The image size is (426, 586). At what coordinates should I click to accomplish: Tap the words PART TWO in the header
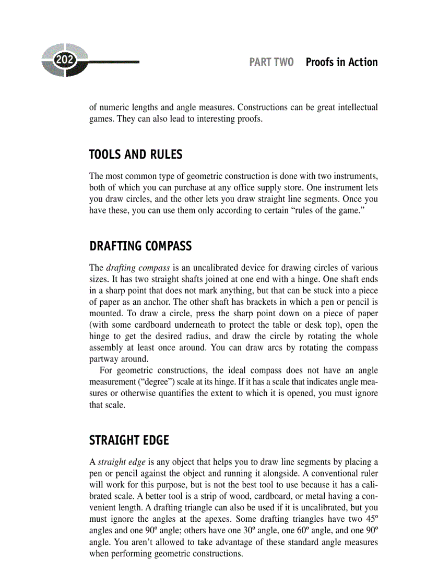[x=271, y=62]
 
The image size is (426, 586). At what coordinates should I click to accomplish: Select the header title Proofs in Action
[x=341, y=62]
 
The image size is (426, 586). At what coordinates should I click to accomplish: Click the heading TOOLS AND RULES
[x=136, y=154]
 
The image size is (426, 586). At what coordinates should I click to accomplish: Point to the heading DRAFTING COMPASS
[x=140, y=246]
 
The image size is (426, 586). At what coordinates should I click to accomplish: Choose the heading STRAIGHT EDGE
[x=129, y=440]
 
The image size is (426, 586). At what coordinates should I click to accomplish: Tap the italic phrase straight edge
[x=117, y=462]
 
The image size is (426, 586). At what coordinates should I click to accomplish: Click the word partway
[x=105, y=359]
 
